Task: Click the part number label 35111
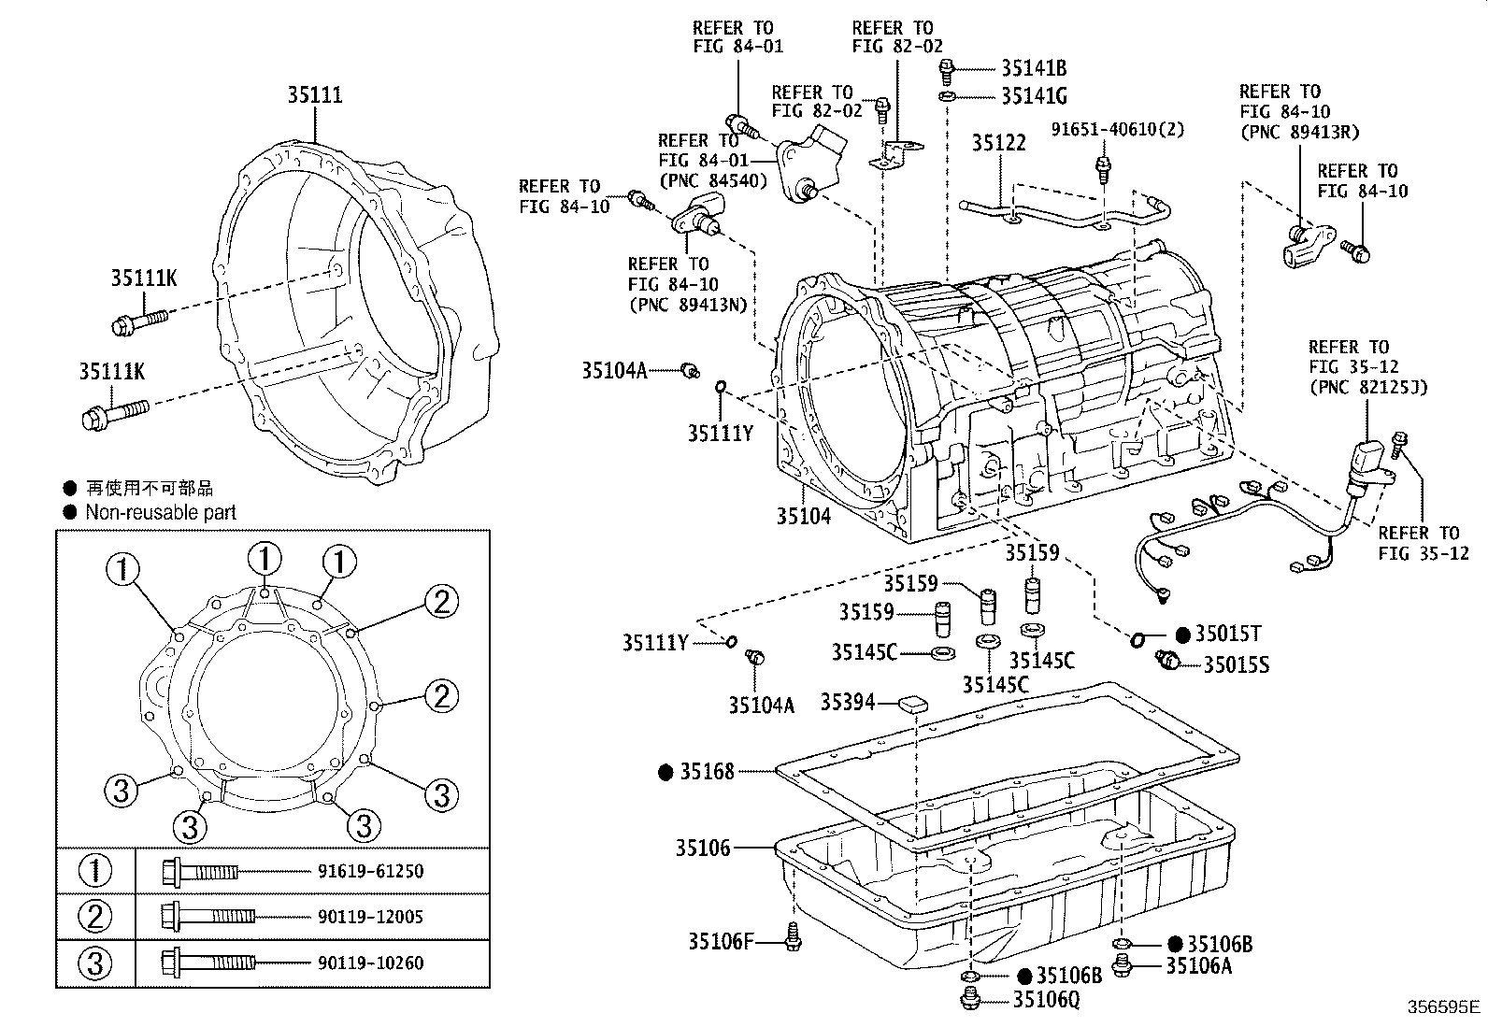click(314, 95)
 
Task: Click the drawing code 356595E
click(1444, 1007)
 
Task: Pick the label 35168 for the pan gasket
click(707, 771)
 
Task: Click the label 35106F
click(721, 942)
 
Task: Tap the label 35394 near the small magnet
click(848, 701)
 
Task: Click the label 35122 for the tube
click(998, 143)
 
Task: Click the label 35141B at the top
click(1034, 67)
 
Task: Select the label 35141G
click(1034, 96)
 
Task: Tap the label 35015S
click(1236, 664)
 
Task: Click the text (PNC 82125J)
click(1368, 386)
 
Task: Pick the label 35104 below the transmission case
click(803, 515)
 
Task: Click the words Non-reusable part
click(161, 512)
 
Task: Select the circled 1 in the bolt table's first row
click(95, 871)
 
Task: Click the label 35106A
click(1198, 965)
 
